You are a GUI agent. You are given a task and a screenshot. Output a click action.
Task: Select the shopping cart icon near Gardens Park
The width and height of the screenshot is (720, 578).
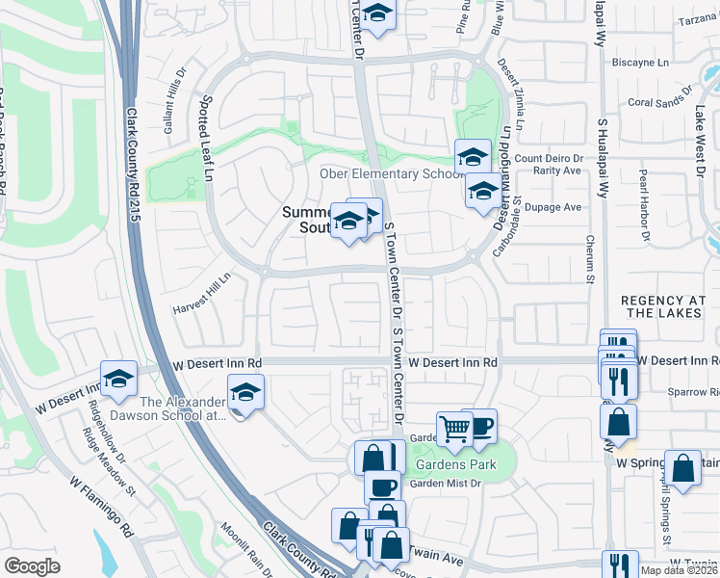(453, 429)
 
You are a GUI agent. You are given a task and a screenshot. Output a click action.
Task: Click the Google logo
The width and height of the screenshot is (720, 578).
(32, 566)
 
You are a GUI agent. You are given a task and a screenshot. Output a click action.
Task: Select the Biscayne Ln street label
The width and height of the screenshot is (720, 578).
(640, 63)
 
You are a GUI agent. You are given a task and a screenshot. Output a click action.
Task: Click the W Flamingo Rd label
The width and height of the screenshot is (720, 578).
(101, 505)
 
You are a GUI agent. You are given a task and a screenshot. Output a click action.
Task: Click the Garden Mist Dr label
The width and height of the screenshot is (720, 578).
(446, 484)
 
